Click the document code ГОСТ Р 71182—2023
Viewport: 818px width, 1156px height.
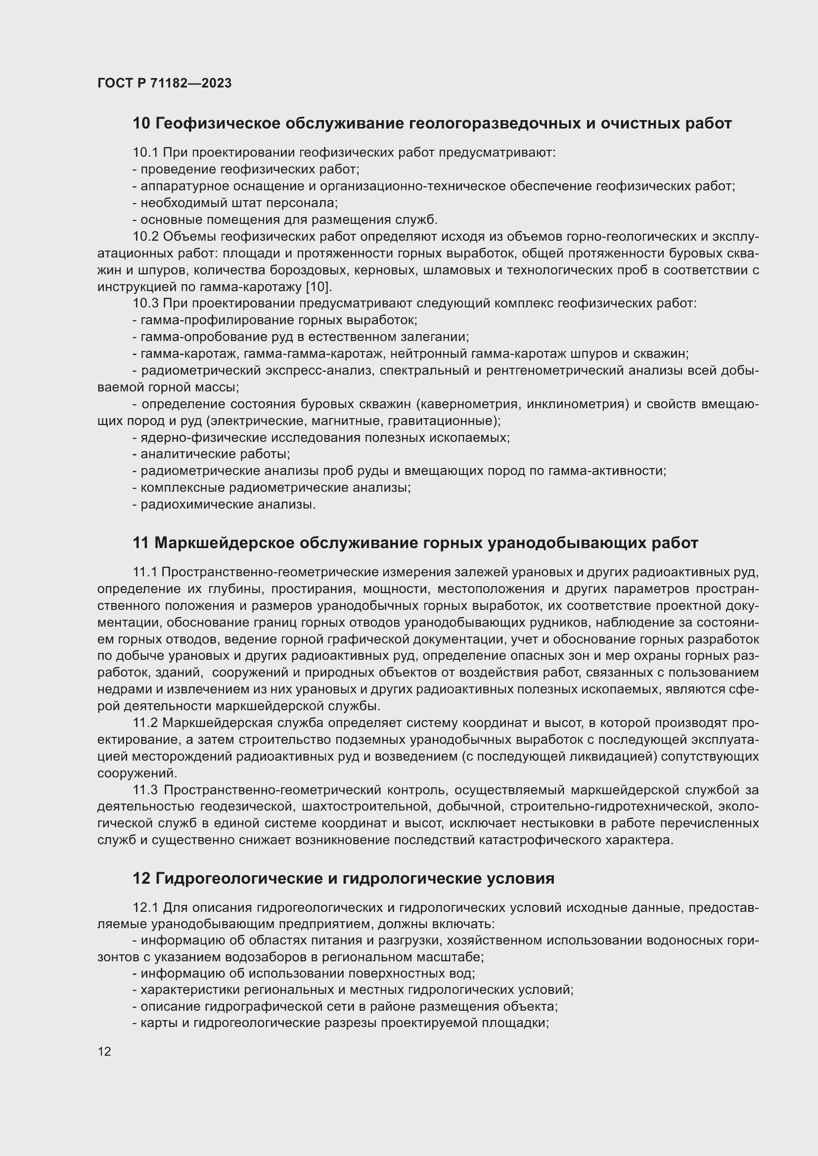(x=164, y=83)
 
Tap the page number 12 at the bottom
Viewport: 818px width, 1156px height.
(x=104, y=1051)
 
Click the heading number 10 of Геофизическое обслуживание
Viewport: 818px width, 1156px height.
(x=141, y=124)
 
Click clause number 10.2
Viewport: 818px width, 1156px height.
(x=145, y=237)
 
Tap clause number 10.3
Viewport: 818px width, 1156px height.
(x=145, y=303)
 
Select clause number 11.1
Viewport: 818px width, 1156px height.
(x=145, y=572)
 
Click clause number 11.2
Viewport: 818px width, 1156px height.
(x=145, y=724)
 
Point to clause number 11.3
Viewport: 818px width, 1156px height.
(x=145, y=790)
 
